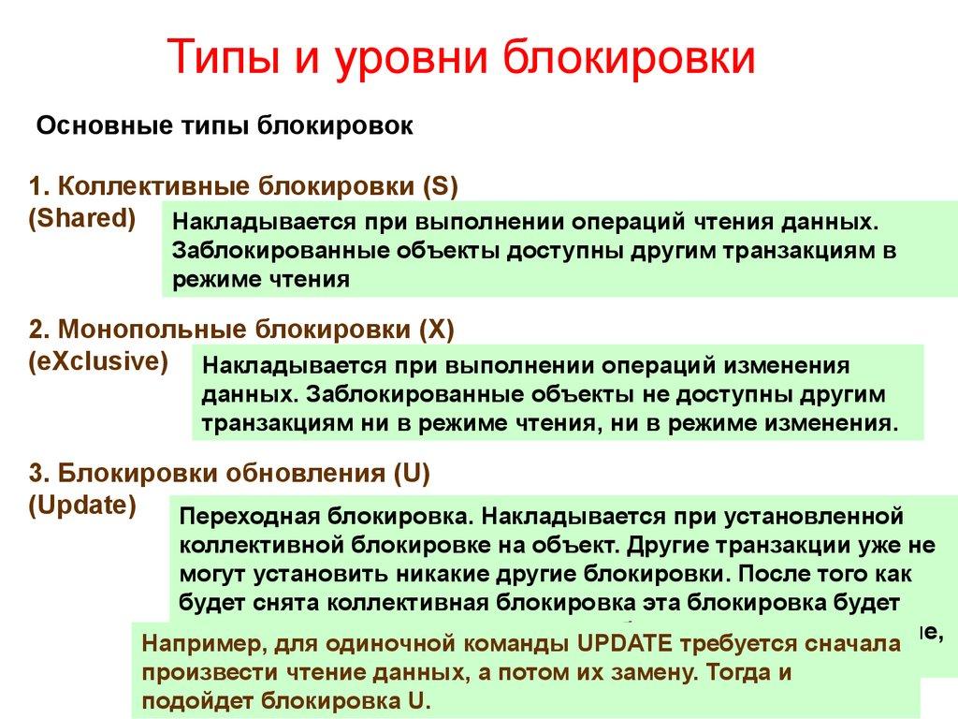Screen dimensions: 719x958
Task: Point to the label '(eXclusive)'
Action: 99,361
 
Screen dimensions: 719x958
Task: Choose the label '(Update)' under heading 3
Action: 82,506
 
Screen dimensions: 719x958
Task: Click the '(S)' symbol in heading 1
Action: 439,184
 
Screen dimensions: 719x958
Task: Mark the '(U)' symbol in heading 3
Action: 412,473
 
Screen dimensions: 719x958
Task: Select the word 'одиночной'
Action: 396,645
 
